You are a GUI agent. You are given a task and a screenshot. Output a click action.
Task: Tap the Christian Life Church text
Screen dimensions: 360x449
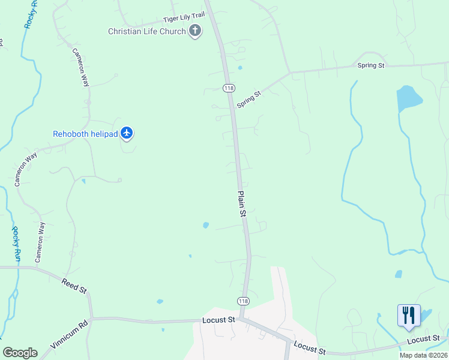point(147,31)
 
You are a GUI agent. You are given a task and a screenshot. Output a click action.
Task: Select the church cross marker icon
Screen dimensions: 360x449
point(194,31)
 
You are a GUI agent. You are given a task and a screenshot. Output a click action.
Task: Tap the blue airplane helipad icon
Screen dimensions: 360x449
point(126,133)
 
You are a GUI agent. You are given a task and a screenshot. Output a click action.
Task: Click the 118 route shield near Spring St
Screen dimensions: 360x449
point(228,88)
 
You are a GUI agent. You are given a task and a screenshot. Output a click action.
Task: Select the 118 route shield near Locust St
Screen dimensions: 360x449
point(243,301)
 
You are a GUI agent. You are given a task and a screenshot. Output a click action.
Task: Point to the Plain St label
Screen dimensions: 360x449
point(242,204)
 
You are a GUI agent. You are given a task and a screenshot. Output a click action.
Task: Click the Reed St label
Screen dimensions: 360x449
point(74,286)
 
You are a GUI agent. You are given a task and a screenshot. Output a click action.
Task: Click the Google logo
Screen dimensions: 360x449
point(20,353)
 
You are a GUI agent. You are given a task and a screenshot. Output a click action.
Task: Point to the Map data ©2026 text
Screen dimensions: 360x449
point(423,355)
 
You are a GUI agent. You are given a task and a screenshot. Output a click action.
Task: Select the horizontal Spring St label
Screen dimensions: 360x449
point(370,65)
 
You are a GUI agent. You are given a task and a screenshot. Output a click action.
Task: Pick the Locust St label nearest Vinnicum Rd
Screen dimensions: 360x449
point(218,320)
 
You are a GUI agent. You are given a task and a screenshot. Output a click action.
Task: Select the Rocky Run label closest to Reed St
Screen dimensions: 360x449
point(16,244)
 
